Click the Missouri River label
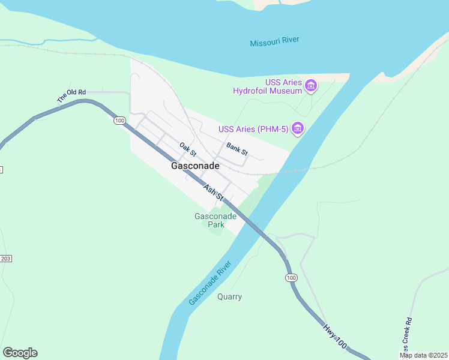(274, 42)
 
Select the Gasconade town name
(195, 165)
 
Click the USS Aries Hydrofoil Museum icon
(310, 86)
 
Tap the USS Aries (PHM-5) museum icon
(297, 128)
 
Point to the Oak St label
(188, 146)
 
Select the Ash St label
(213, 192)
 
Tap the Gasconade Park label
(215, 220)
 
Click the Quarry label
(229, 296)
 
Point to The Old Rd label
(71, 96)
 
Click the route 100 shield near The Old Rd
(119, 121)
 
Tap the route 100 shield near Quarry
(291, 278)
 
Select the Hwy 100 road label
(334, 336)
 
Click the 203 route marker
(6, 258)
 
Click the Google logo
(20, 353)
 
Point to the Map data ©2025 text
(423, 355)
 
